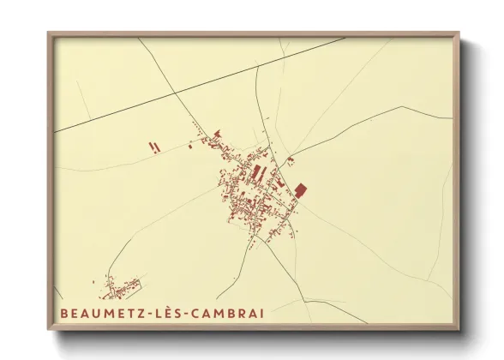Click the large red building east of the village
pyautogui.click(x=300, y=190)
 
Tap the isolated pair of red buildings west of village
pyautogui.click(x=154, y=147)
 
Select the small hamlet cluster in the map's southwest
pyautogui.click(x=120, y=284)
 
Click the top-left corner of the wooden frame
pyautogui.click(x=50, y=34)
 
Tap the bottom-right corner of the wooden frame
pyautogui.click(x=458, y=328)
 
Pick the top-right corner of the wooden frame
pyautogui.click(x=458, y=34)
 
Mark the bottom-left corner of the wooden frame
pyautogui.click(x=50, y=328)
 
